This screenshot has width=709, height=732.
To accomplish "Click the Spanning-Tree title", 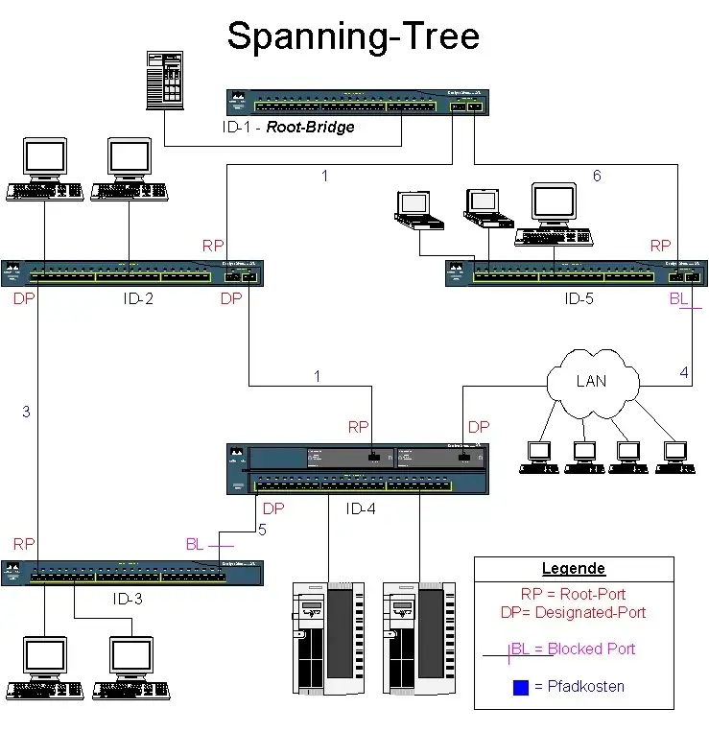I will [x=353, y=35].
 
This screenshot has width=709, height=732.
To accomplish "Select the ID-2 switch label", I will [x=138, y=298].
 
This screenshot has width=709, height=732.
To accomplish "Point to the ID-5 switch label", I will [x=579, y=298].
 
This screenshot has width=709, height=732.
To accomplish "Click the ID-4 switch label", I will [x=360, y=508].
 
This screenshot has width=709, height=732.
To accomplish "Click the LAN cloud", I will [x=591, y=381].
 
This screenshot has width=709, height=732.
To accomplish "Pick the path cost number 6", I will [x=597, y=176].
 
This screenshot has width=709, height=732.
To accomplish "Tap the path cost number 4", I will [x=684, y=372].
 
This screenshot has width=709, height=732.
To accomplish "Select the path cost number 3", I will [x=26, y=413].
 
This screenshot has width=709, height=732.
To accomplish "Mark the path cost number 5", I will [x=262, y=528].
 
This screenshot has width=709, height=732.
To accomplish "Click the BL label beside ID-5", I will [x=678, y=298].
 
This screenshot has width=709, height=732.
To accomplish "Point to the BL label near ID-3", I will [x=195, y=544].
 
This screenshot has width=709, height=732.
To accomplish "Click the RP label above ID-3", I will [x=24, y=543].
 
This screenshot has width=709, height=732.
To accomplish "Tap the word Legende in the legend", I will [x=574, y=569].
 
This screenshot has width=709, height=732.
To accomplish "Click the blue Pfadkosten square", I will [x=520, y=687].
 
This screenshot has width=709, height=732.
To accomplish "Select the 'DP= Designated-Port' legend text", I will [x=574, y=612].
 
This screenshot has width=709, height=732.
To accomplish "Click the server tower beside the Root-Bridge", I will [x=165, y=79].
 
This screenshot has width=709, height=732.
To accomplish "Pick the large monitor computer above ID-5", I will [x=554, y=213].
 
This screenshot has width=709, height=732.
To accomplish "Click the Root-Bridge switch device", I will [x=358, y=101].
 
